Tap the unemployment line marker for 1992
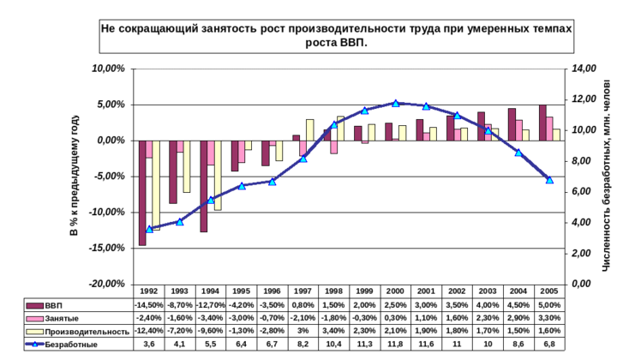pyautogui.click(x=149, y=230)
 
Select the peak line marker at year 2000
pyautogui.click(x=395, y=104)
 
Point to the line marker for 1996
pyautogui.click(x=273, y=182)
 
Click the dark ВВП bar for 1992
pyautogui.click(x=142, y=192)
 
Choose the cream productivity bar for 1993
pyautogui.click(x=187, y=166)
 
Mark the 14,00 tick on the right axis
pyautogui.click(x=583, y=68)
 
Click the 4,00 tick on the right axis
pyautogui.click(x=583, y=221)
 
